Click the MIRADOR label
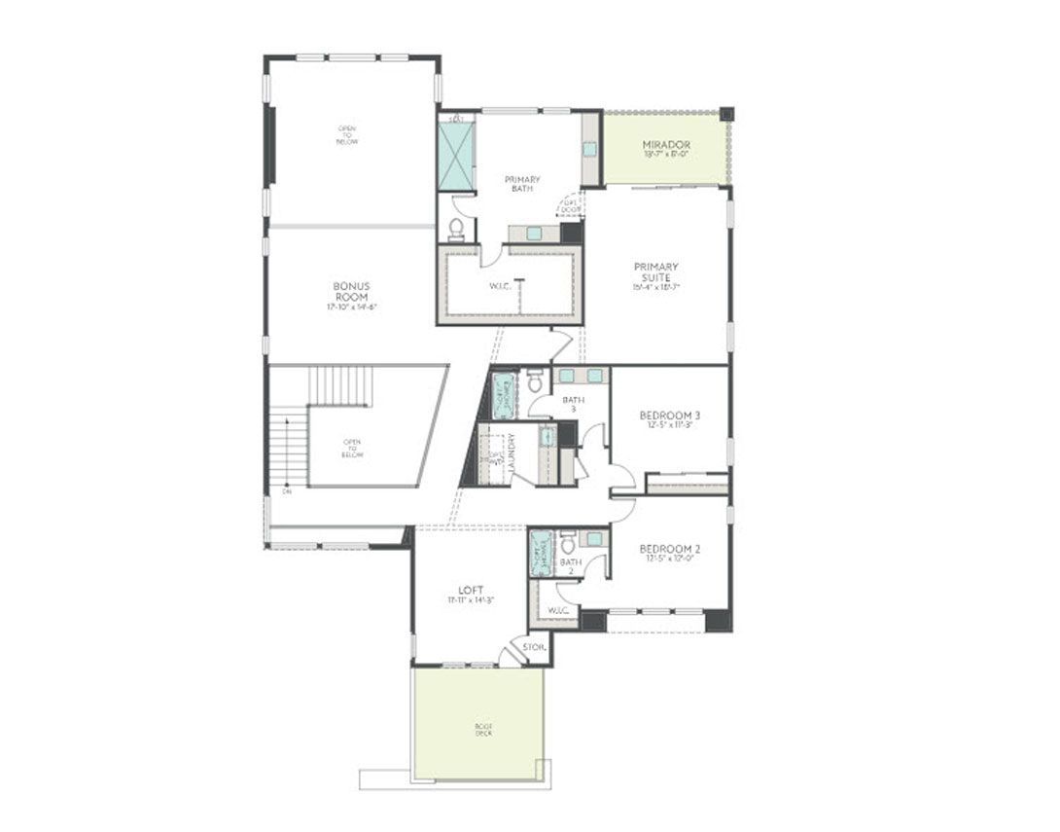(665, 145)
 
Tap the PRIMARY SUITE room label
(655, 271)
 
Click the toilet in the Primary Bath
(455, 229)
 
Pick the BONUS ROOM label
(351, 292)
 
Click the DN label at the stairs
(287, 491)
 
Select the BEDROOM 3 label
(669, 416)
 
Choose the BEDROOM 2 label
(669, 549)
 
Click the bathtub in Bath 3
(503, 395)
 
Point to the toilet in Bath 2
(569, 544)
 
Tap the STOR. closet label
(534, 646)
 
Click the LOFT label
(471, 590)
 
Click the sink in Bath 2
(593, 538)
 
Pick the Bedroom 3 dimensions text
(669, 425)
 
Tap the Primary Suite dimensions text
(655, 287)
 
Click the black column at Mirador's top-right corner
(726, 113)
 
